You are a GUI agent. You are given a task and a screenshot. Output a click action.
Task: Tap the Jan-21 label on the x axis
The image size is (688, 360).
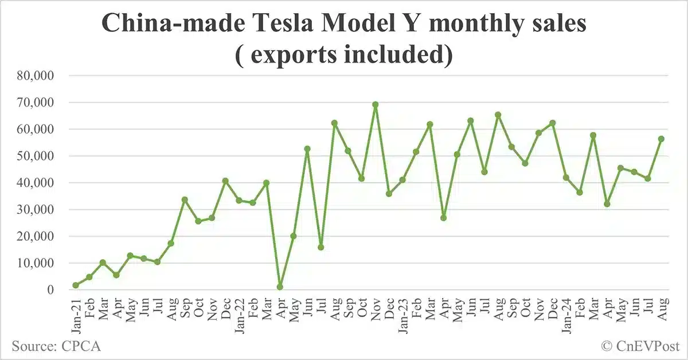point(76,313)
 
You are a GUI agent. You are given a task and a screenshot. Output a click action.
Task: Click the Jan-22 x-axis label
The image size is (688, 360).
point(239,313)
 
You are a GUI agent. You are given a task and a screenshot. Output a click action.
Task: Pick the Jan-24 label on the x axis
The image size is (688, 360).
point(566,313)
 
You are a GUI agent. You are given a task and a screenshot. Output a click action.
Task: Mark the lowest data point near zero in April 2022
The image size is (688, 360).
point(280,287)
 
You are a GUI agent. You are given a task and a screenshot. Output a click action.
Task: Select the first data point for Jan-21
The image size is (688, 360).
point(76,285)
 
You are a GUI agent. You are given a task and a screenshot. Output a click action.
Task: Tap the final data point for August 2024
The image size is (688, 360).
point(661,139)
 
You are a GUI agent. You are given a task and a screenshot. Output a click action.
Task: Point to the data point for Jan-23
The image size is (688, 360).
point(402,180)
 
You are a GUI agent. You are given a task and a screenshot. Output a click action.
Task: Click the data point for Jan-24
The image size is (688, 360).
point(566,178)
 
